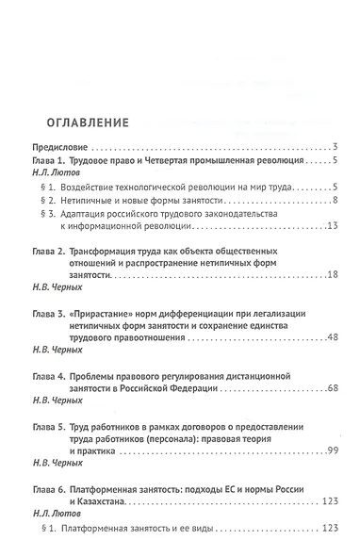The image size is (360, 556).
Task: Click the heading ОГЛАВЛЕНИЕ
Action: (x=84, y=123)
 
